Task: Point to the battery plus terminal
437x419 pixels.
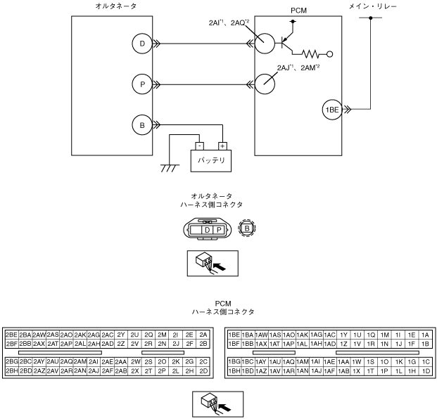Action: (222, 146)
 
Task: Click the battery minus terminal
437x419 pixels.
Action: (199, 146)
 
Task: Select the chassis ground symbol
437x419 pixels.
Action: (170, 168)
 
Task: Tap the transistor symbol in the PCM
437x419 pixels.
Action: (286, 43)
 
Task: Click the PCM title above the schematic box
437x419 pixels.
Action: (298, 11)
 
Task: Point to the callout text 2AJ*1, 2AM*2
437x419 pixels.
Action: (298, 67)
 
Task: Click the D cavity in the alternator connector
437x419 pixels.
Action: (207, 230)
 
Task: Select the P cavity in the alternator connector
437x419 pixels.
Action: (219, 230)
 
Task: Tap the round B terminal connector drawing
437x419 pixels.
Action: (247, 228)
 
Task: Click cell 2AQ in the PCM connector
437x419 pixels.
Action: (66, 361)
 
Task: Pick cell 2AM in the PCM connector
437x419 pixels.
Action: (80, 361)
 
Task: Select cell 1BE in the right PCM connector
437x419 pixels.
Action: (234, 335)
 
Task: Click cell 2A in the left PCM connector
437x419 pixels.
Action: (203, 335)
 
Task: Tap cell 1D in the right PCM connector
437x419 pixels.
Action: (426, 371)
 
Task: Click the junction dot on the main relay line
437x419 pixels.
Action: (370, 18)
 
